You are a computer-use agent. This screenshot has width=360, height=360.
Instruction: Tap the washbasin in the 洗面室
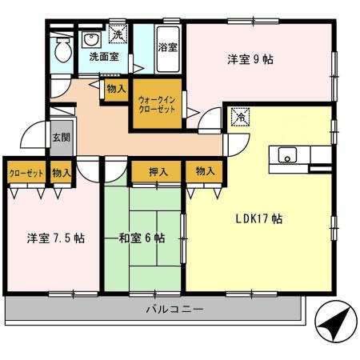(91, 40)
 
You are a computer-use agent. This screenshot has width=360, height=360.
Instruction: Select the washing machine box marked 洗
(118, 34)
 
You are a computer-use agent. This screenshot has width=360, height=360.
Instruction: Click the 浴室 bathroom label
(168, 47)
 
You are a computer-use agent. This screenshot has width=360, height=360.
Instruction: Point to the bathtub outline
(168, 50)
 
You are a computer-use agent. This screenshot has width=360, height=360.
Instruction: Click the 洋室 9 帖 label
(250, 59)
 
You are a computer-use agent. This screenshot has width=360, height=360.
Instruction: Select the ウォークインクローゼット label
(157, 105)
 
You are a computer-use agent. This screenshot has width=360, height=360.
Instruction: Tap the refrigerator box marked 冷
(240, 117)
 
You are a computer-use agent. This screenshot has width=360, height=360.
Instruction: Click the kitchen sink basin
(287, 154)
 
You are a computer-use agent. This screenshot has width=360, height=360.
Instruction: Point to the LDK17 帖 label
(259, 219)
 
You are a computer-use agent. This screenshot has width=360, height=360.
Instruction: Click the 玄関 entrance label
(61, 138)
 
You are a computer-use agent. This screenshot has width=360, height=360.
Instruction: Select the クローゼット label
(26, 174)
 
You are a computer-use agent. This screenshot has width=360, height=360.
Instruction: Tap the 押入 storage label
(158, 172)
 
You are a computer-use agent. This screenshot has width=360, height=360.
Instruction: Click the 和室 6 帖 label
(142, 238)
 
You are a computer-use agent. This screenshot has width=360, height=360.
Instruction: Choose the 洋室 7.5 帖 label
(56, 238)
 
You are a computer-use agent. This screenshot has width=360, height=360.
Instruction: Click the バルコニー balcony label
(174, 310)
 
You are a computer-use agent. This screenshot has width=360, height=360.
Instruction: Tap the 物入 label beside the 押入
(205, 171)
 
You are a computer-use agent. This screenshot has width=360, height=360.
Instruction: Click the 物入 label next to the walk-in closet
(116, 89)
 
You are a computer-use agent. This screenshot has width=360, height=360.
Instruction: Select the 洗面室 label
(104, 57)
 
